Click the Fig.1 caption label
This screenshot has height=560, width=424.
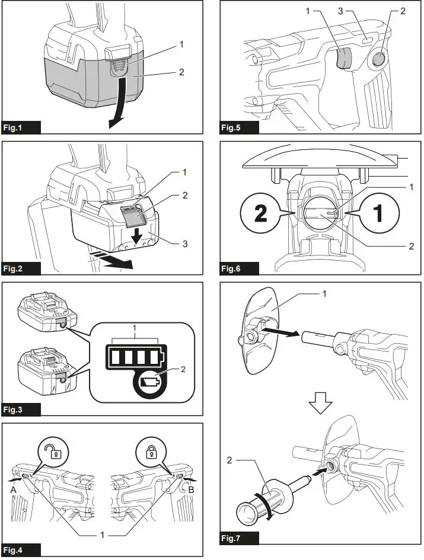(x=21, y=127)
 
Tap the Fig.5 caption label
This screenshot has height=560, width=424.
(x=239, y=127)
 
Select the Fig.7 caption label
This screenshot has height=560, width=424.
(x=239, y=539)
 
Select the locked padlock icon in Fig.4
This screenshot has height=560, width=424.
(x=149, y=454)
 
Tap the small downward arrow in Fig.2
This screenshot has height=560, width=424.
(x=136, y=236)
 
